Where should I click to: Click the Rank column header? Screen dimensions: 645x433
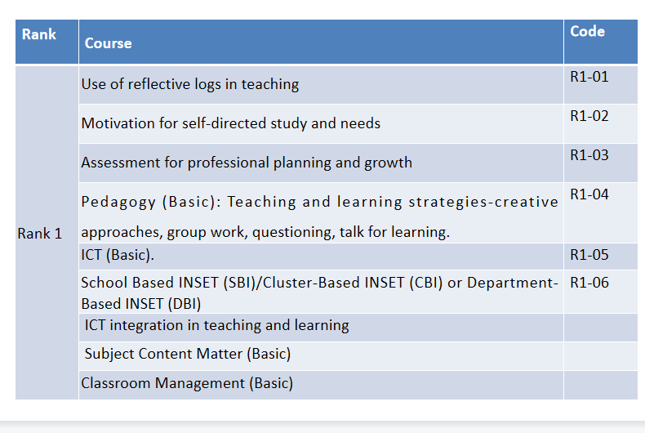(38, 34)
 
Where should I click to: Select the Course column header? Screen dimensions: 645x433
(109, 43)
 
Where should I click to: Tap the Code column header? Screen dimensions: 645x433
(587, 31)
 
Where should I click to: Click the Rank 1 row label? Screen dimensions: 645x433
(39, 234)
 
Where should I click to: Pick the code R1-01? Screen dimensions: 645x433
(589, 77)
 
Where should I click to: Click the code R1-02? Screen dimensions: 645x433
(589, 116)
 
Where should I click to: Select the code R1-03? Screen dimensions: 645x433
(589, 155)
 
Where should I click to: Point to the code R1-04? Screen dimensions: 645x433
(589, 194)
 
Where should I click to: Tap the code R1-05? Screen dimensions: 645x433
(589, 255)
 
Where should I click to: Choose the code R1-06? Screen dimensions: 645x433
(589, 283)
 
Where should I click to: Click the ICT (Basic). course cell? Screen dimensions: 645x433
(118, 255)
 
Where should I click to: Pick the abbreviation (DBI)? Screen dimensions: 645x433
(185, 304)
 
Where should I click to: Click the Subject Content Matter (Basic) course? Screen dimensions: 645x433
(188, 354)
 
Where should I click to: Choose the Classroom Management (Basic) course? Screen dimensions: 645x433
(187, 383)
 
